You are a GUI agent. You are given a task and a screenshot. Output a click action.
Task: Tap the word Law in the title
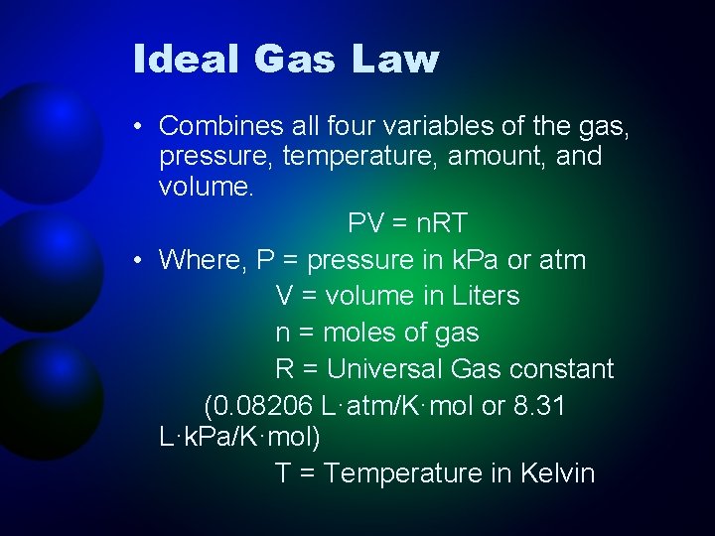pos(394,60)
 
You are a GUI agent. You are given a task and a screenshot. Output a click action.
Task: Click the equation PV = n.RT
pos(407,223)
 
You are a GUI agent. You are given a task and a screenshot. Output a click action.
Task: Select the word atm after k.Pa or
pos(563,260)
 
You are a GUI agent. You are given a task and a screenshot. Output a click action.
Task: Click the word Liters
pos(477,296)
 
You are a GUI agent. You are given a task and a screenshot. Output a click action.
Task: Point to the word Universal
pos(384,369)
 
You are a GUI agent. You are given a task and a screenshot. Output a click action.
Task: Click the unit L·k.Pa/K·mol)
pos(239,436)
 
